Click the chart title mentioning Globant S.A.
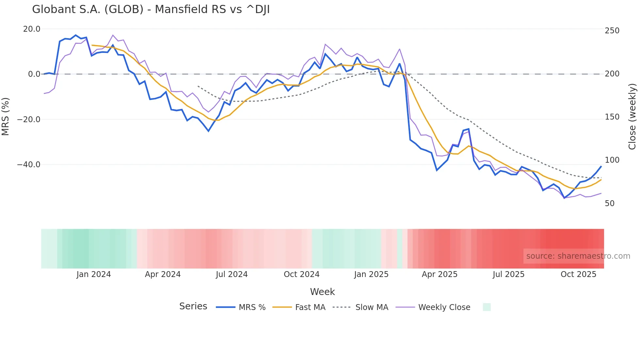point(151,9)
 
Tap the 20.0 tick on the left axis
point(32,29)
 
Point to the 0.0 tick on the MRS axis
point(34,74)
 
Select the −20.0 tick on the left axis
point(29,120)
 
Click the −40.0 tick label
point(29,165)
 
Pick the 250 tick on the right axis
point(612,31)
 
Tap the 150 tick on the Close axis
point(612,117)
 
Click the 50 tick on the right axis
point(610,204)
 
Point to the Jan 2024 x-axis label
point(94,274)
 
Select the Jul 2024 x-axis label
point(232,274)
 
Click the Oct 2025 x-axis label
point(578,274)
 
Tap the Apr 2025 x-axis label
point(440,274)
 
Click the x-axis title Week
point(322,292)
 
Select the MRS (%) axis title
point(6,117)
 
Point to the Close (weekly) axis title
point(632,117)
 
